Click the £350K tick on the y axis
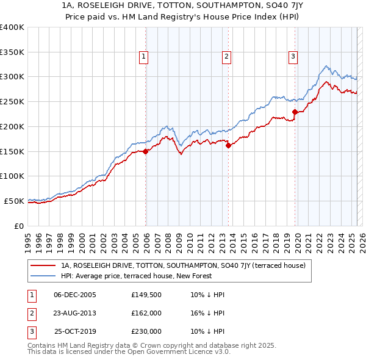(x=12, y=52)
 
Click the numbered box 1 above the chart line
(x=143, y=57)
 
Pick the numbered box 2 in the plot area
(x=226, y=57)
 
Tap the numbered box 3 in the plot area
(x=293, y=57)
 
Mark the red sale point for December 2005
(x=146, y=152)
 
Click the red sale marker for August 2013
(x=229, y=145)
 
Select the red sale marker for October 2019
(x=295, y=112)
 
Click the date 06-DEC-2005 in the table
(x=75, y=295)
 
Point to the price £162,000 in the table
(x=146, y=313)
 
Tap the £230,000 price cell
(x=146, y=331)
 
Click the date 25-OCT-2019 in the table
(x=75, y=331)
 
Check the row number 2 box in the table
(x=31, y=313)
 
